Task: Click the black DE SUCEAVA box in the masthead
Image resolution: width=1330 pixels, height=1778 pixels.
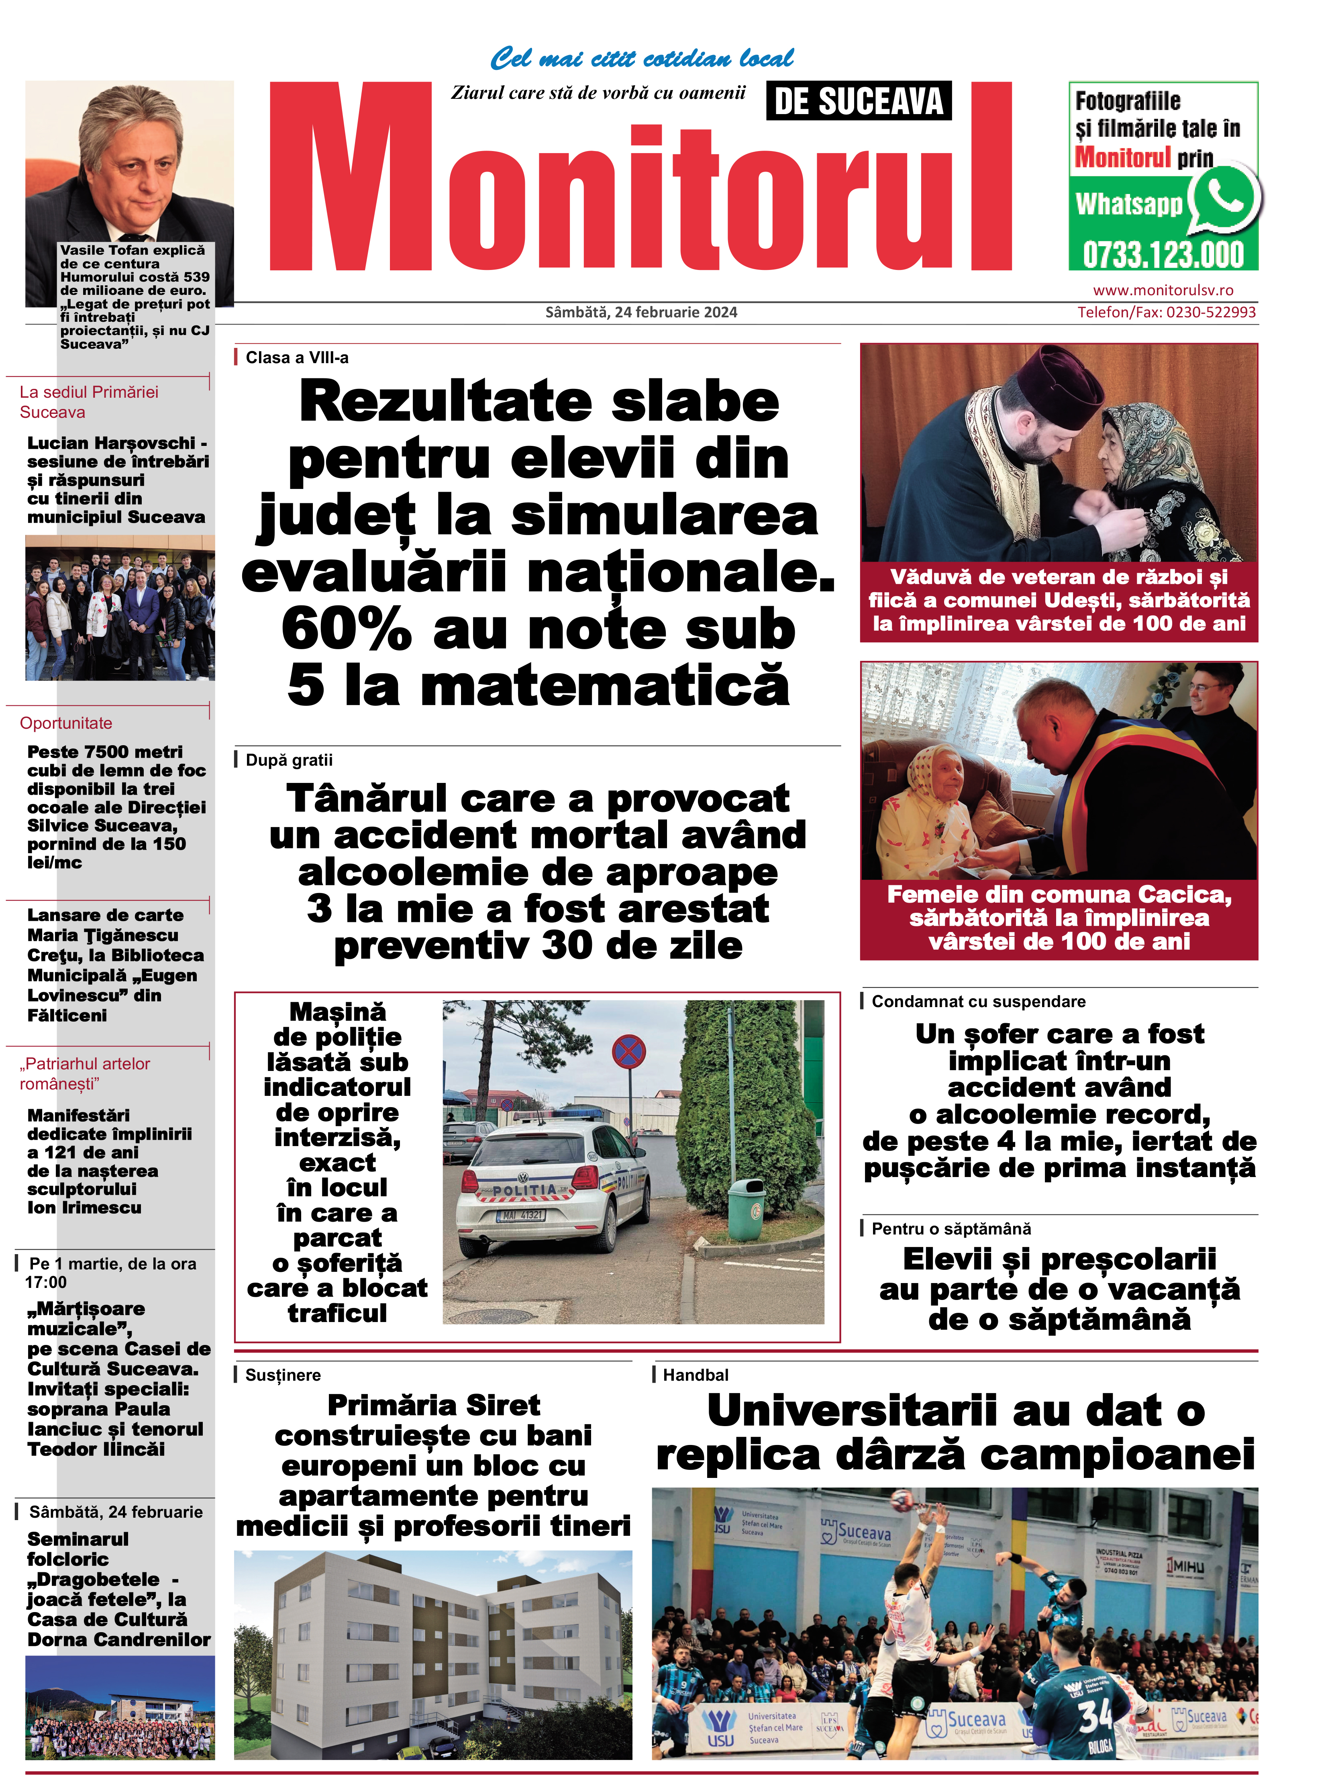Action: [858, 101]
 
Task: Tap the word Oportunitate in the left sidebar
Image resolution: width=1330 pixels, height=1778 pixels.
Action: [66, 723]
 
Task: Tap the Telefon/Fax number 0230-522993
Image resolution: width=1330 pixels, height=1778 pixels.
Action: [1210, 312]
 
